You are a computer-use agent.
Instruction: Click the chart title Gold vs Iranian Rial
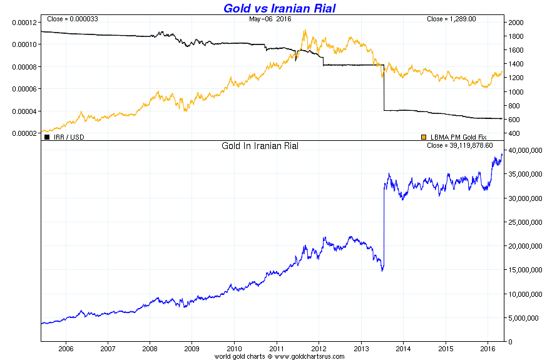[x=279, y=8]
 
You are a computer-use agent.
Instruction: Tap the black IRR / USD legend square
[x=47, y=137]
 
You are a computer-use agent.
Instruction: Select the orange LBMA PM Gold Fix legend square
[x=424, y=137]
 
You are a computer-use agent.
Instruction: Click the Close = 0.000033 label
[x=73, y=19]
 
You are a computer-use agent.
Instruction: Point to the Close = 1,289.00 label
[x=451, y=19]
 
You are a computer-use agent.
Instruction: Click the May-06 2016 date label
[x=270, y=19]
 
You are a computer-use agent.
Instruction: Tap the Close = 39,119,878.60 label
[x=459, y=145]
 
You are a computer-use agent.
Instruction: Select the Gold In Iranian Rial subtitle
[x=260, y=146]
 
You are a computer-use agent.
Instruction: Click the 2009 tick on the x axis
[x=192, y=349]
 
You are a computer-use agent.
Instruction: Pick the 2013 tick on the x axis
[x=361, y=349]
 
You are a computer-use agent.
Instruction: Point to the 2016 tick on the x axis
[x=488, y=349]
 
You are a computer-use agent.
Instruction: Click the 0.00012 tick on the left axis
[x=24, y=23]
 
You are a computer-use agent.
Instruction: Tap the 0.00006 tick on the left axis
[x=24, y=89]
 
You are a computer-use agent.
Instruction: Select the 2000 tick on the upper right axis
[x=516, y=23]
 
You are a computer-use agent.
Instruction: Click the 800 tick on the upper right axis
[x=514, y=106]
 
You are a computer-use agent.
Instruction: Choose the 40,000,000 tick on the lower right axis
[x=525, y=150]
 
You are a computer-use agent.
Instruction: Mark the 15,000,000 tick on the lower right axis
[x=525, y=270]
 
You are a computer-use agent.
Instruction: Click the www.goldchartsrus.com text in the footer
[x=309, y=356]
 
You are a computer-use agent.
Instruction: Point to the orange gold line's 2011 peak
[x=305, y=30]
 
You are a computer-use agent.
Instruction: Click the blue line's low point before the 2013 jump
[x=382, y=271]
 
